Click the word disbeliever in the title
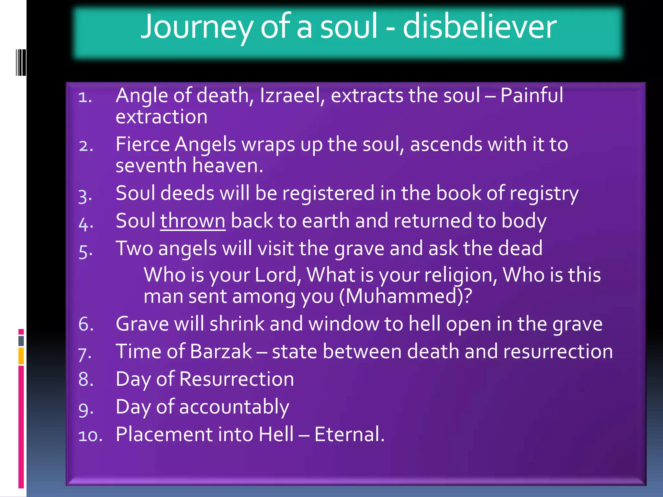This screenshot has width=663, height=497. point(479,27)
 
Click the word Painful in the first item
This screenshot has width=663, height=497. point(532,96)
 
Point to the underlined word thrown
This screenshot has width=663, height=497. point(193,221)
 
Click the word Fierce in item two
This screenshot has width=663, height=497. point(143,144)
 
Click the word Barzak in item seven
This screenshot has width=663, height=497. point(221,351)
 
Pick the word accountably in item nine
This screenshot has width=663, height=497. point(234,407)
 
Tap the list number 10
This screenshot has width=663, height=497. point(90,436)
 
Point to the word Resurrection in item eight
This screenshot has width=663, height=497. point(236,379)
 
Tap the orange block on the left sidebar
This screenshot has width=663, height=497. point(21,356)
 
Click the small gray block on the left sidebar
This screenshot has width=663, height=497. point(21,341)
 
